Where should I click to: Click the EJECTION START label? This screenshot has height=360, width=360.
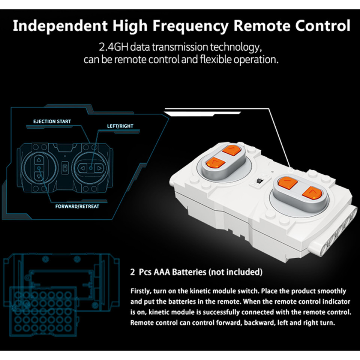tap(52, 121)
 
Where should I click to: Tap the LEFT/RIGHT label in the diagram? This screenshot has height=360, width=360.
tap(120, 126)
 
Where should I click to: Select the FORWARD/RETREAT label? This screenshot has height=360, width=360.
tap(77, 206)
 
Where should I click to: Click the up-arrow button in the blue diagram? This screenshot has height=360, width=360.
tap(39, 160)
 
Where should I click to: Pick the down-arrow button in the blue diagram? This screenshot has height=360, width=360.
tap(39, 176)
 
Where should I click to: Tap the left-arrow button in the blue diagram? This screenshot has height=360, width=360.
tap(82, 168)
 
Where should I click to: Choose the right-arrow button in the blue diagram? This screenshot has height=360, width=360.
tap(99, 168)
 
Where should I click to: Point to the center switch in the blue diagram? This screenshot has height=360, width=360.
tap(65, 168)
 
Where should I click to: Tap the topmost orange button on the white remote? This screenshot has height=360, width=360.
tap(231, 151)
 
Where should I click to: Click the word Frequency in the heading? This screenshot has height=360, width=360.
tap(190, 26)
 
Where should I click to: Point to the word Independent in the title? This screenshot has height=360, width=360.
tap(60, 25)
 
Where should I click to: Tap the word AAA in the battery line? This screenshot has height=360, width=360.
tap(162, 272)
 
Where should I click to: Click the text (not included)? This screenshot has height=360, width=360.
tap(235, 272)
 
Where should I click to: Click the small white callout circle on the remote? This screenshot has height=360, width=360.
tap(291, 170)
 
